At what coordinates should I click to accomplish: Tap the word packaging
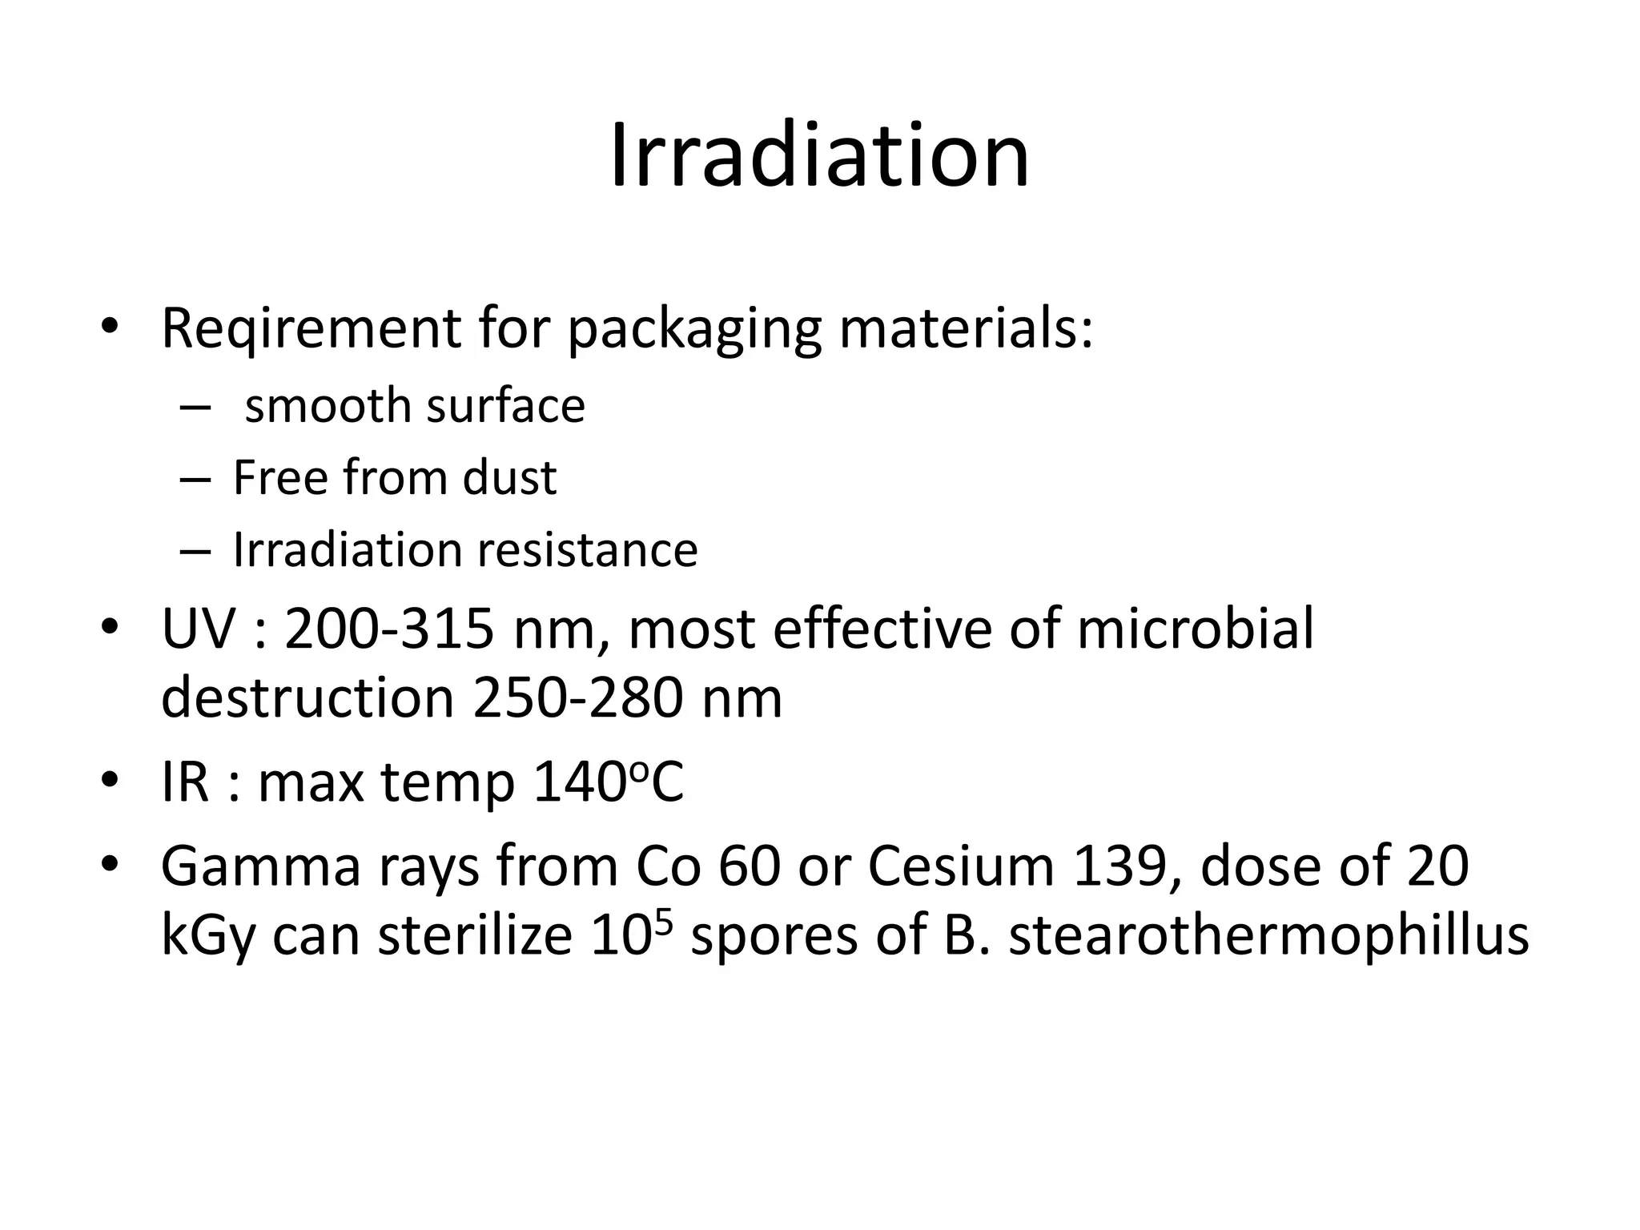click(x=694, y=330)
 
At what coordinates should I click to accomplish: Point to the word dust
click(x=509, y=478)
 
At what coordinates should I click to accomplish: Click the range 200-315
click(x=389, y=629)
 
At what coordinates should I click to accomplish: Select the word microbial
click(x=1195, y=629)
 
